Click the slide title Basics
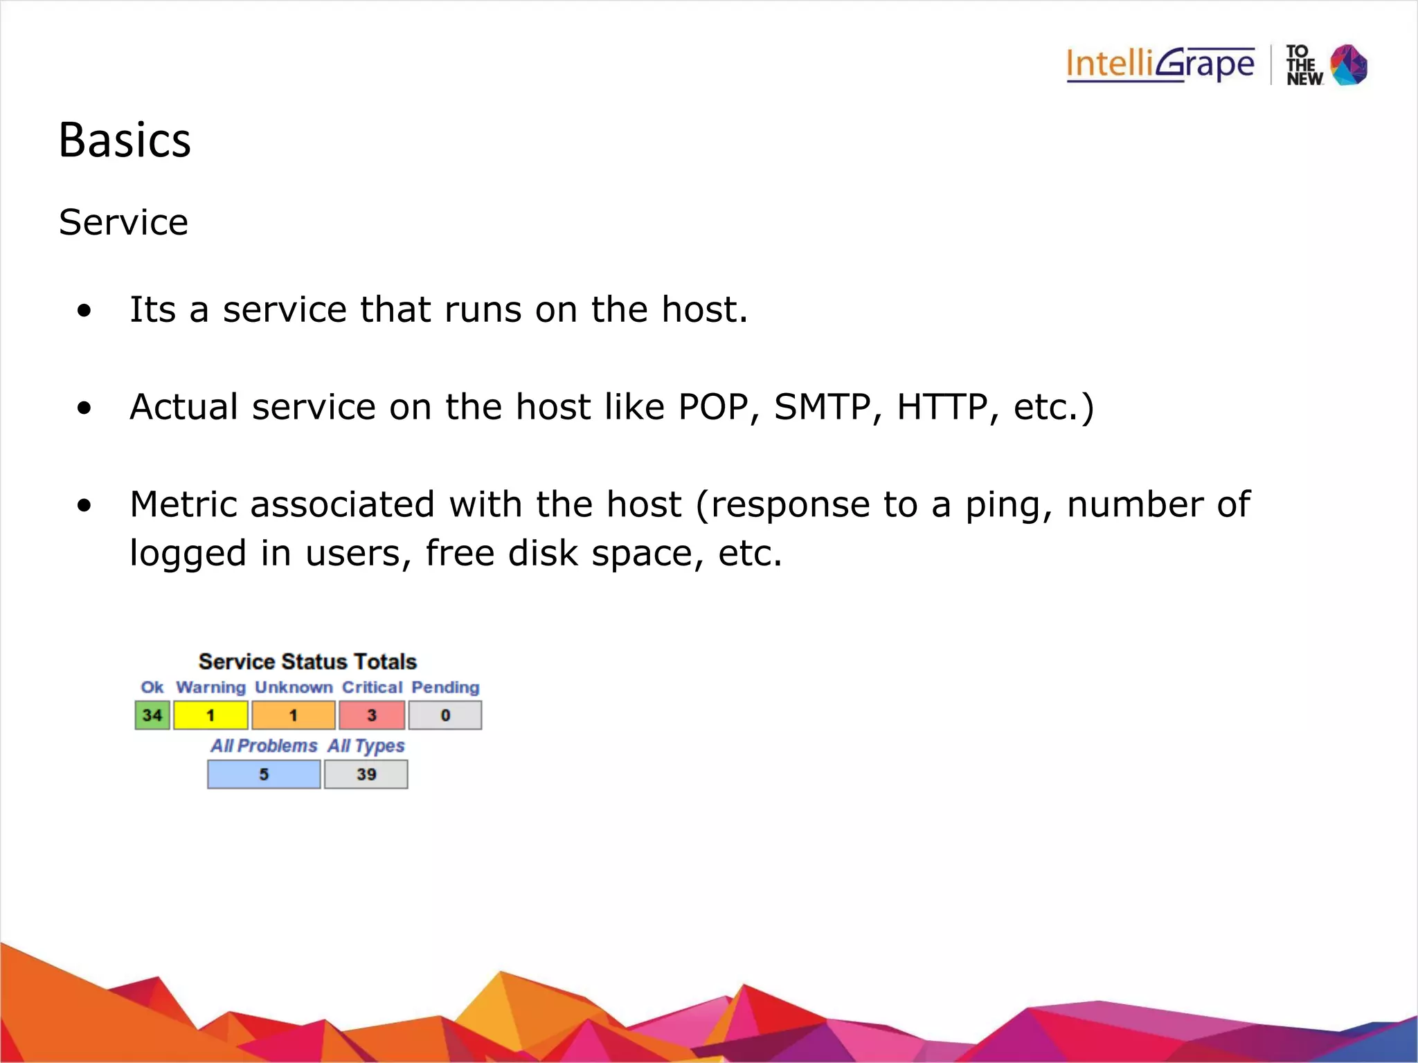coord(125,140)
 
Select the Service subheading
coord(123,222)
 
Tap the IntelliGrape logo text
coord(1160,65)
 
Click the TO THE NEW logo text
coord(1304,66)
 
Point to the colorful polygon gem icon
coord(1349,65)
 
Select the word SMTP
coord(822,406)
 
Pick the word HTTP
coord(942,406)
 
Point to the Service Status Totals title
coord(307,662)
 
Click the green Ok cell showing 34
coord(152,715)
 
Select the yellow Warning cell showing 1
coord(210,715)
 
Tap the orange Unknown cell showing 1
coord(294,715)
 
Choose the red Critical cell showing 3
coord(372,715)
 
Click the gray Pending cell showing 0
coord(445,715)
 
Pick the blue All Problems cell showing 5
coord(264,774)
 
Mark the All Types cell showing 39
coord(366,774)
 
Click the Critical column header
coord(372,687)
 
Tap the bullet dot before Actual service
coord(84,408)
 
